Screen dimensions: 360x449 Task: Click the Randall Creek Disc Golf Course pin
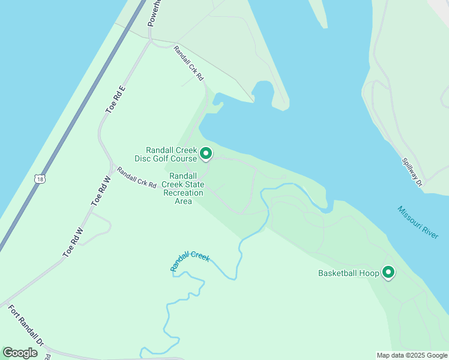(206, 154)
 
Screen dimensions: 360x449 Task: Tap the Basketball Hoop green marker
(388, 272)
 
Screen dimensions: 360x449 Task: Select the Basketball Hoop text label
(348, 274)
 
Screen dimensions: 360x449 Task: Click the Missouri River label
(418, 223)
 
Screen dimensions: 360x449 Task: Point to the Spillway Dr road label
(413, 172)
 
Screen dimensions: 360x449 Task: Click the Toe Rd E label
(115, 100)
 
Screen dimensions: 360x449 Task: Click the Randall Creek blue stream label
(190, 261)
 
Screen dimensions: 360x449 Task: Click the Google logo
(20, 353)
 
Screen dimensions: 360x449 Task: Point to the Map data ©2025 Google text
(412, 355)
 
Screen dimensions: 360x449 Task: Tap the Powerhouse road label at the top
(154, 13)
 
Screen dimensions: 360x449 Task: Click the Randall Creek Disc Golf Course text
(171, 154)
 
